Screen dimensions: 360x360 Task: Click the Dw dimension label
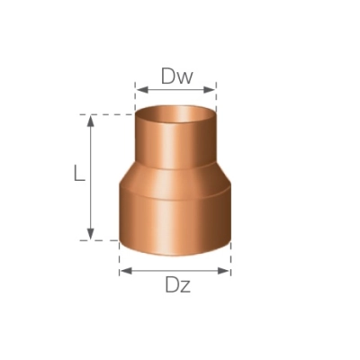click(176, 76)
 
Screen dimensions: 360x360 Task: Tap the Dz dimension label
click(177, 285)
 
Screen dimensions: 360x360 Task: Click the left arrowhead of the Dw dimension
click(142, 89)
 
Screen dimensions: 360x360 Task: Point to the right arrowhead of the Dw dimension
click(210, 89)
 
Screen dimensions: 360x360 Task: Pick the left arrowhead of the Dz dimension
click(126, 271)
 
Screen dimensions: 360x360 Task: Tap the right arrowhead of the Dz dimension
click(224, 271)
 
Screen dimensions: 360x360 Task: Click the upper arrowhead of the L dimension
click(91, 121)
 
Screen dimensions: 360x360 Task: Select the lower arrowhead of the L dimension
click(91, 234)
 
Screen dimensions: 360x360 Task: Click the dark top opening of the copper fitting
click(175, 114)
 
